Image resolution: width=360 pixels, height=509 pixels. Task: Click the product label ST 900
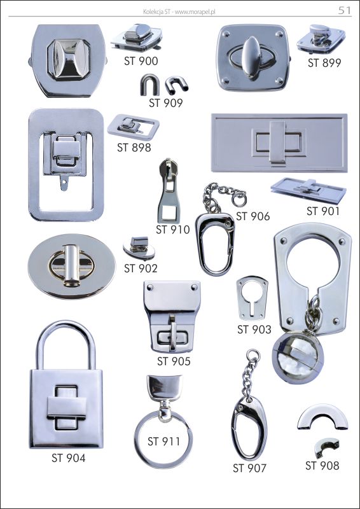(141, 61)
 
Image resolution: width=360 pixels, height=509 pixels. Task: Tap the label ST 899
(324, 63)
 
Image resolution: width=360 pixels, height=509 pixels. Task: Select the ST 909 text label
(166, 103)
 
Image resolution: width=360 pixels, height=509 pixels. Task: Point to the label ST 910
(173, 230)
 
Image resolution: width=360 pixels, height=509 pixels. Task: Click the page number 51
(345, 11)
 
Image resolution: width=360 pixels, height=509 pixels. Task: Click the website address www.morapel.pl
(195, 12)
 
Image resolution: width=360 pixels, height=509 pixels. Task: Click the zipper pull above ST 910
(169, 191)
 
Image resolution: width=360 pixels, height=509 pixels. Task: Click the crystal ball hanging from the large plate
(298, 356)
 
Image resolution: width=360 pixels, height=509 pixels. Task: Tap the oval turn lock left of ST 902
(71, 266)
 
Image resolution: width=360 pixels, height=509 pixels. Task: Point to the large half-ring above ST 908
(322, 416)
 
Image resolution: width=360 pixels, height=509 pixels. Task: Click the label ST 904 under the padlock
(69, 458)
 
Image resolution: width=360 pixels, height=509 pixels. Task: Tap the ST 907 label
(249, 468)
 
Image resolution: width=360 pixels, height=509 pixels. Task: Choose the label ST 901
(323, 211)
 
